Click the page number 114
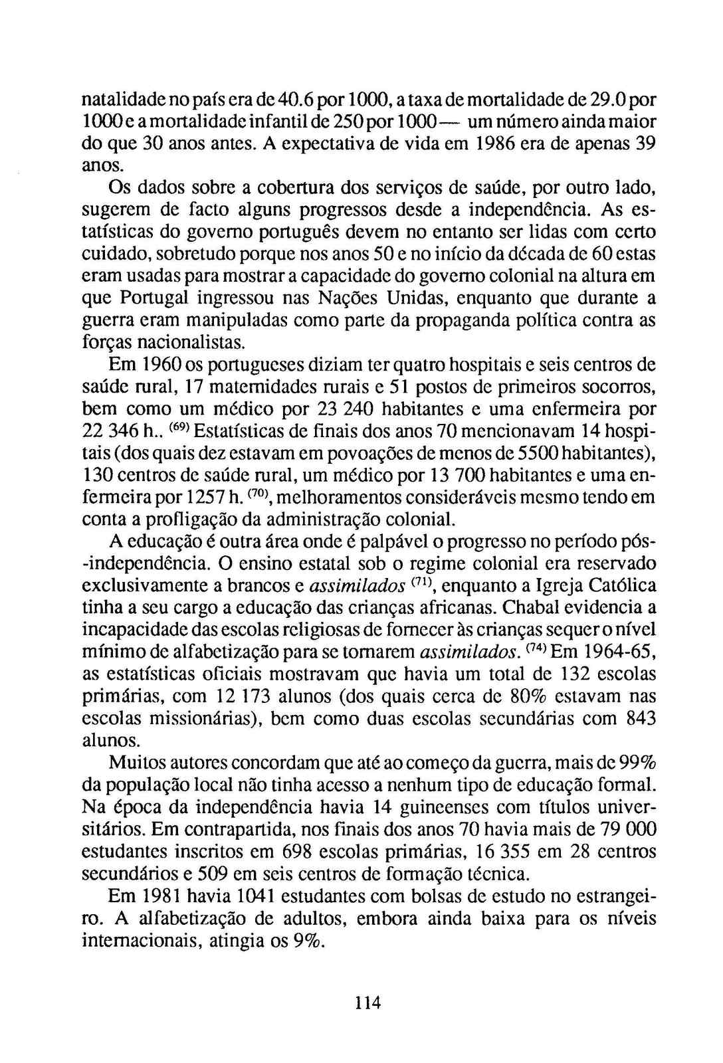point(367,1003)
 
